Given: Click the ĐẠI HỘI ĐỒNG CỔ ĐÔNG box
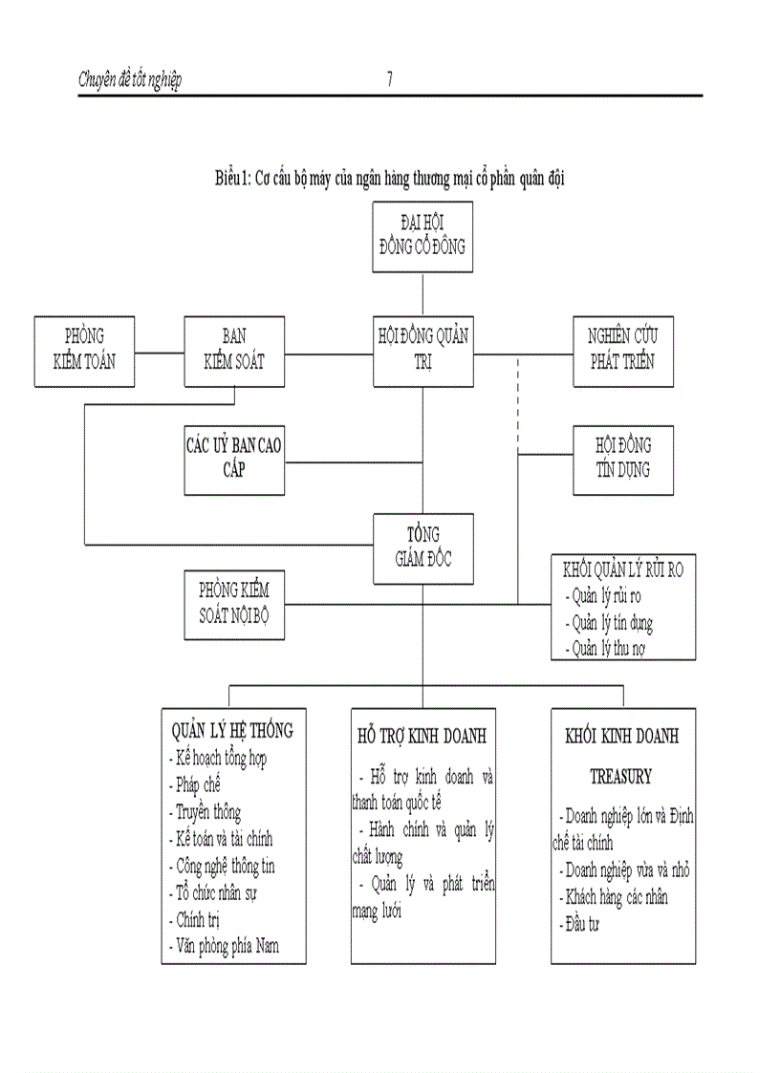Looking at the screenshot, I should [422, 237].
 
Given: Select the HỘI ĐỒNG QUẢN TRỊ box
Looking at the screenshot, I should [422, 350].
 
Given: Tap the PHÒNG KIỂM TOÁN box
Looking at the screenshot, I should [83, 350].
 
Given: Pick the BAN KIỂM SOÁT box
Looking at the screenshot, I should [233, 350].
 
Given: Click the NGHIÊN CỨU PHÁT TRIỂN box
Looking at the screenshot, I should [621, 350].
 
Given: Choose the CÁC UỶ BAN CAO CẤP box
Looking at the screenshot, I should [233, 458].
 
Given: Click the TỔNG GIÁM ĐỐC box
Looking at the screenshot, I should [422, 547].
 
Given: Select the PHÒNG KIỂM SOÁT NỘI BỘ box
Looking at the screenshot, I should [233, 605].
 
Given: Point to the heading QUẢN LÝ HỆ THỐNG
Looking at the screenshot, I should [232, 730].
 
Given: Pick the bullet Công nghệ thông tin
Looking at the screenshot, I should [226, 867].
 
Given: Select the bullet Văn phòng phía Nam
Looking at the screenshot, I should [227, 948].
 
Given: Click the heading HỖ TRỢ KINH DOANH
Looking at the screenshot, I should [421, 737].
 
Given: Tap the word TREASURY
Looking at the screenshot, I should [620, 776].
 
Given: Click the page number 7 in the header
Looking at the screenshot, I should [390, 80].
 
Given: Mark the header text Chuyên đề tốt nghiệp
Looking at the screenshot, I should [130, 80].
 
